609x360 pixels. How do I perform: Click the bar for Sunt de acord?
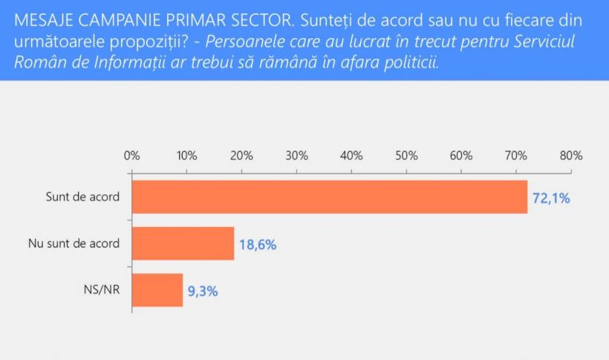pyautogui.click(x=329, y=197)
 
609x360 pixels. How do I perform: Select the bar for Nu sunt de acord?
pyautogui.click(x=183, y=243)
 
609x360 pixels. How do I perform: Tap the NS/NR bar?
pyautogui.click(x=157, y=290)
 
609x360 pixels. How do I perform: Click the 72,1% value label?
pyautogui.click(x=551, y=198)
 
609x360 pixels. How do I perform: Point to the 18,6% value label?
pyautogui.click(x=258, y=244)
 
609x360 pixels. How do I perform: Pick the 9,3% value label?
pyautogui.click(x=203, y=291)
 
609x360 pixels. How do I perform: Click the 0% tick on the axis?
pyautogui.click(x=131, y=156)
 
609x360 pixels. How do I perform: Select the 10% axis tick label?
pyautogui.click(x=186, y=156)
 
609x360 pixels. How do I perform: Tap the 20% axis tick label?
pyautogui.click(x=241, y=156)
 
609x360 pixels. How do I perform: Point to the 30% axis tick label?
pyautogui.click(x=296, y=156)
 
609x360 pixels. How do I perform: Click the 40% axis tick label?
pyautogui.click(x=351, y=156)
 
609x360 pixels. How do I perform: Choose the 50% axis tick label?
pyautogui.click(x=406, y=156)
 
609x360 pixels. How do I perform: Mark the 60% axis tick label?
pyautogui.click(x=461, y=156)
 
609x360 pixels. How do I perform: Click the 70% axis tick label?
pyautogui.click(x=516, y=156)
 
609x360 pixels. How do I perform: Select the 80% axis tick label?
pyautogui.click(x=571, y=156)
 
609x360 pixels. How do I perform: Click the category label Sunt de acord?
pyautogui.click(x=82, y=197)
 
